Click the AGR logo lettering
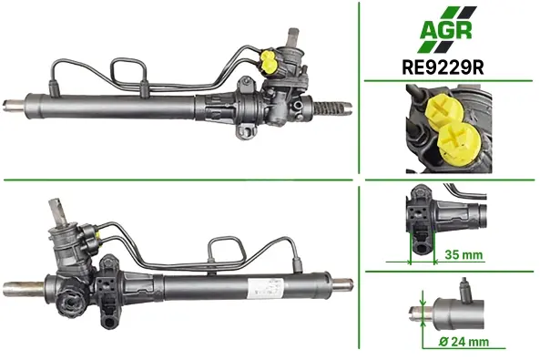(x=445, y=30)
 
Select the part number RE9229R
(x=443, y=67)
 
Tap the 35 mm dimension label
(x=464, y=255)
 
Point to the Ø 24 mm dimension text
(x=464, y=342)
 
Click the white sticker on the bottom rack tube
(x=266, y=288)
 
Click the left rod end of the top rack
(x=14, y=105)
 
